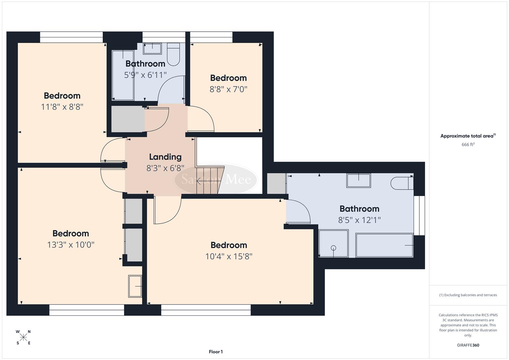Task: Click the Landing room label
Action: [x=165, y=157]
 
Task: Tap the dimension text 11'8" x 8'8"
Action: [x=62, y=107]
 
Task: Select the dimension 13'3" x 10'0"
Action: [x=71, y=245]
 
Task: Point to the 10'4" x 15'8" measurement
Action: [x=229, y=256]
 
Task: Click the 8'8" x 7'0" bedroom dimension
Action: [x=228, y=89]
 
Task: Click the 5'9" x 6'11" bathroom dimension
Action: [x=145, y=75]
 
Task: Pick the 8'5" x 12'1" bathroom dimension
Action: [x=359, y=220]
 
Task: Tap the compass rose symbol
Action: [x=23, y=337]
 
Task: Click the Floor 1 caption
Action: [x=216, y=352]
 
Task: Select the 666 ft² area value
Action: [x=468, y=144]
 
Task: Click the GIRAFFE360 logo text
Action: [x=468, y=345]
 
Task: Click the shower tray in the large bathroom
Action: [x=333, y=244]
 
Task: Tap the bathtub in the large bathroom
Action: [x=384, y=245]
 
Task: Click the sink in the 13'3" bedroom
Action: [x=135, y=286]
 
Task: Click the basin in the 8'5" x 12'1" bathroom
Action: [x=359, y=181]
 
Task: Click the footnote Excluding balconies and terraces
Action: [x=468, y=295]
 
